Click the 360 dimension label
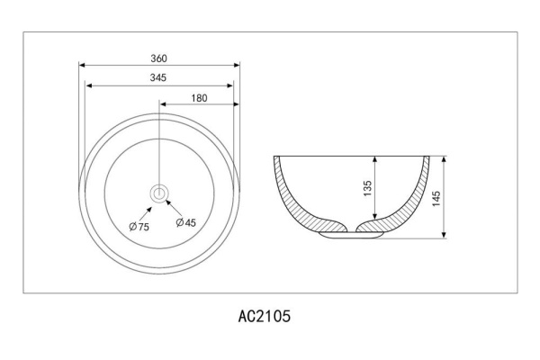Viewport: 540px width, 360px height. pyautogui.click(x=158, y=58)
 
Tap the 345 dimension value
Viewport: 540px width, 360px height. pyautogui.click(x=158, y=77)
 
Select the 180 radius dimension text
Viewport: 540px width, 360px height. pyautogui.click(x=200, y=98)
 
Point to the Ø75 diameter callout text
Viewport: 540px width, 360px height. pyautogui.click(x=139, y=227)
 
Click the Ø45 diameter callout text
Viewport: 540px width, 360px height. pyautogui.click(x=186, y=222)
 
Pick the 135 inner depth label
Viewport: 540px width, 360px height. pyautogui.click(x=368, y=188)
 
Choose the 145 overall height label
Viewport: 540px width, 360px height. pyautogui.click(x=436, y=199)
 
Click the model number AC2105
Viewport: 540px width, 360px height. pyautogui.click(x=265, y=316)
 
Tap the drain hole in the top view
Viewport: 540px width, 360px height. pyautogui.click(x=159, y=193)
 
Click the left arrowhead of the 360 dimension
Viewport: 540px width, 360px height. pyautogui.click(x=82, y=65)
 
